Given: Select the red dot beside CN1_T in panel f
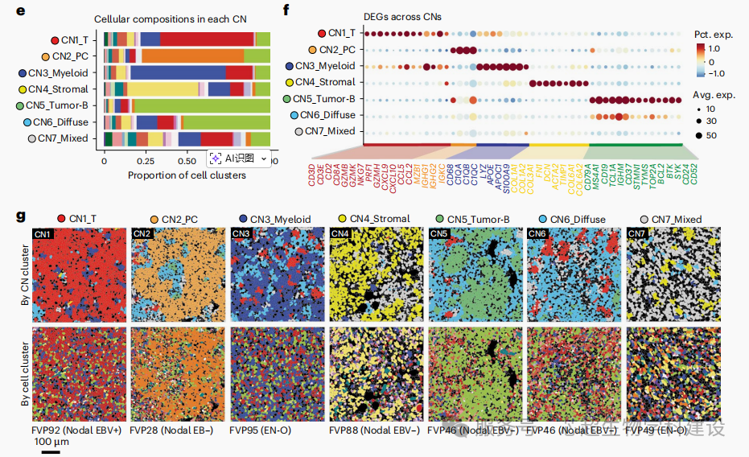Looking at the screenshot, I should point(322,33).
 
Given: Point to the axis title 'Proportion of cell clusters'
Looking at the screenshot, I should point(187,175).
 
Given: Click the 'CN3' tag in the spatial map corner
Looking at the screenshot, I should point(240,234).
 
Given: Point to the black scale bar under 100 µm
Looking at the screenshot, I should point(51,451).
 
